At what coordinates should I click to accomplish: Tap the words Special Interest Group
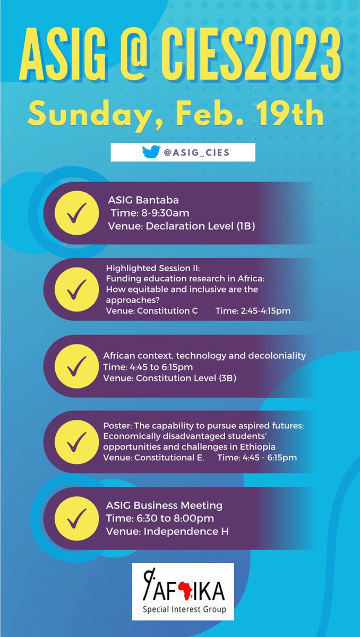coord(183,610)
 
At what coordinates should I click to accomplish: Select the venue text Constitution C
coord(167,311)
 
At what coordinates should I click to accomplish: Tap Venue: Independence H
coord(167,531)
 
